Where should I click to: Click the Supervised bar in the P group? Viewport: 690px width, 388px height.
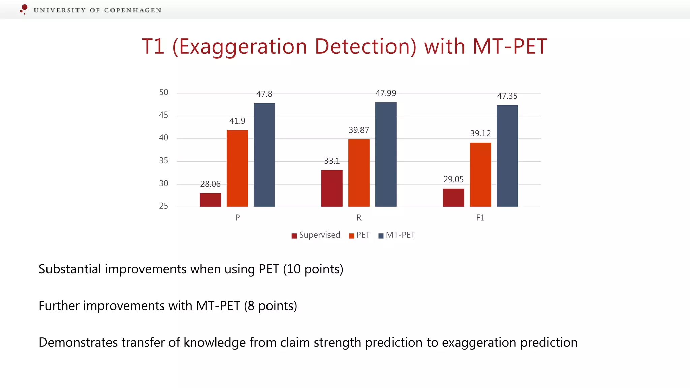coord(210,200)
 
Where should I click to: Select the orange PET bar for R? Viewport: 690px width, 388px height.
coord(359,173)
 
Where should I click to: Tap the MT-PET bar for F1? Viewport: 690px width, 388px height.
coord(507,156)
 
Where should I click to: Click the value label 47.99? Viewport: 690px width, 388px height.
coord(386,93)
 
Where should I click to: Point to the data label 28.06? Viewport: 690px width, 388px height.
coord(210,184)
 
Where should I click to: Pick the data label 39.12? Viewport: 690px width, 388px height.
coord(480,133)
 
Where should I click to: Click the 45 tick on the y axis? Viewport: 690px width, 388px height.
coord(163,115)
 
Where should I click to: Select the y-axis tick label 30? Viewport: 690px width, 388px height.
coord(163,184)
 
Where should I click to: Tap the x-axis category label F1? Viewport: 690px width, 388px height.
coord(480,218)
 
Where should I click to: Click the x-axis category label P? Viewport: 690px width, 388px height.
coord(237,218)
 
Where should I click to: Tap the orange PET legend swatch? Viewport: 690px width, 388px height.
coord(351,236)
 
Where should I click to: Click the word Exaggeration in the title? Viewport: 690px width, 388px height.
coord(243,46)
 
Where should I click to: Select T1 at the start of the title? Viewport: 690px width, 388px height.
coord(153,46)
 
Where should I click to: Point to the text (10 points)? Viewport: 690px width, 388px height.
coord(313,269)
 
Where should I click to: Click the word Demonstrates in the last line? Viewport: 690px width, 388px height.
coord(78,342)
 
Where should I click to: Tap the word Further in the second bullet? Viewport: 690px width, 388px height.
coord(59,306)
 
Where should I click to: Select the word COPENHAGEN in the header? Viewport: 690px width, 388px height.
coord(133,10)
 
